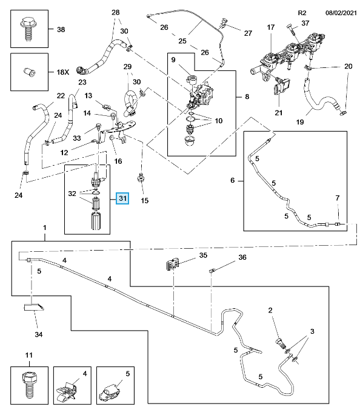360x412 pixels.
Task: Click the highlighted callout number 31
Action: (123, 198)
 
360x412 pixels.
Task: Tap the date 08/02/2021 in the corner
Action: (341, 13)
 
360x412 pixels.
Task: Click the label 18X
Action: (63, 72)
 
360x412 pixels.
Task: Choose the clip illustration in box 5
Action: (110, 393)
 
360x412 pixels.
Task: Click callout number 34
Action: (39, 334)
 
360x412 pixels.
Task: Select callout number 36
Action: (242, 257)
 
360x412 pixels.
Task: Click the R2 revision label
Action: (302, 13)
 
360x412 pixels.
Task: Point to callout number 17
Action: (270, 27)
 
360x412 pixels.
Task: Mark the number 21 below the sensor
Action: (279, 113)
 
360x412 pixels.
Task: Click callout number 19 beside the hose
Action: (300, 121)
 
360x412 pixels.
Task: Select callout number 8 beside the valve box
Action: (247, 96)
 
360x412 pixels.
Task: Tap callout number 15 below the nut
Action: (145, 200)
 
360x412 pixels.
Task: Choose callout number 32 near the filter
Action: (72, 194)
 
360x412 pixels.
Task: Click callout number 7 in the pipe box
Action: (338, 198)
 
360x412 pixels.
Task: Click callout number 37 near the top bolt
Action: (305, 23)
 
